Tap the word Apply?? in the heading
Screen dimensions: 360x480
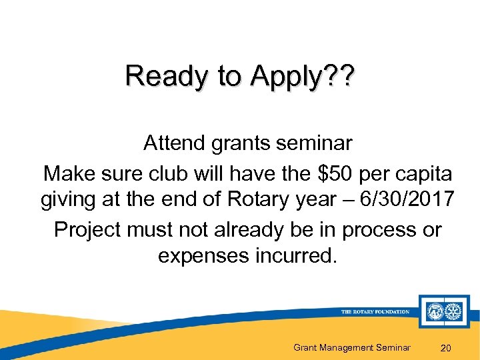point(303,77)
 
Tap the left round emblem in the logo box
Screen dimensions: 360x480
point(435,311)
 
